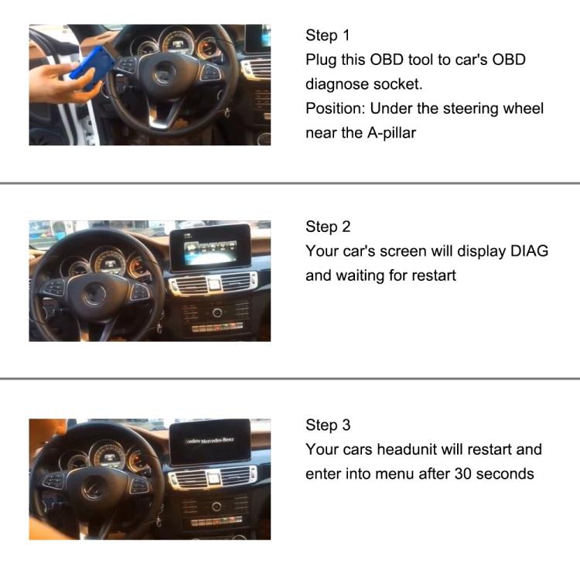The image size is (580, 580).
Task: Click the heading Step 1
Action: pos(327,36)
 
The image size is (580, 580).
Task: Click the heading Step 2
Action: pos(327,227)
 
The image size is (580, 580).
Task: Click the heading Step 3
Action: pos(327,425)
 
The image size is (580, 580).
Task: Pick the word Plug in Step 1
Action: pos(321,60)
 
